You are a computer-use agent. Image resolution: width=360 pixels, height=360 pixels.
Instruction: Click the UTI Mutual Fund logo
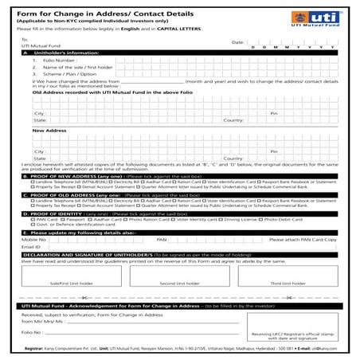(326, 16)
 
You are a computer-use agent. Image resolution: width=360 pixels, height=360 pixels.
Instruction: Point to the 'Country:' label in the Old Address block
(233, 120)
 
